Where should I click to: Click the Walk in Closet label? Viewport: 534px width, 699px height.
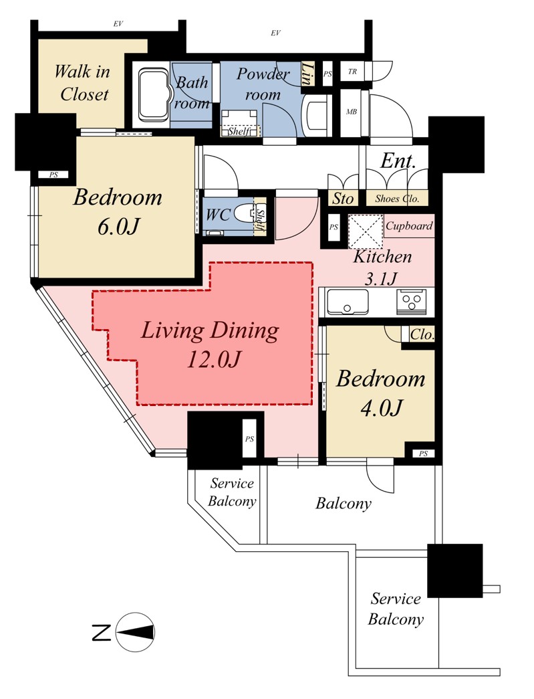pos(82,82)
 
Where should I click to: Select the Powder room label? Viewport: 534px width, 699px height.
pos(263,84)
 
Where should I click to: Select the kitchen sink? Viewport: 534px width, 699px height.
pos(348,302)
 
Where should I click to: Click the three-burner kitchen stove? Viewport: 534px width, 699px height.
pos(411,302)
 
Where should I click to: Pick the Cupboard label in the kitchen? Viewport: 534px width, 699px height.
pos(409,225)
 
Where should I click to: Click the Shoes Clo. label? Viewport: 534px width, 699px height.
pos(397,199)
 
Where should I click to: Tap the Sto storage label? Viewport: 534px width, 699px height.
pos(342,199)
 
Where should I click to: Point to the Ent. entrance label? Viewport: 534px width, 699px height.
pos(398,161)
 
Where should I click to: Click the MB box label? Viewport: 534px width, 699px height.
pos(352,112)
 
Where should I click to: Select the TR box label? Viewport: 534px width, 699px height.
pos(352,72)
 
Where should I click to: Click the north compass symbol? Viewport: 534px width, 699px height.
pos(135,632)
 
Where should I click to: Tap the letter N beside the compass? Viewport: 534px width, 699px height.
pos(101,633)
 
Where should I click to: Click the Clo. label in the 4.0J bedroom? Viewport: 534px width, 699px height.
pos(422,334)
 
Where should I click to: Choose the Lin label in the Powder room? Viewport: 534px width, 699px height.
pos(307,73)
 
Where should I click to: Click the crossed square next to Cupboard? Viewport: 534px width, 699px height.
pos(365,231)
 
